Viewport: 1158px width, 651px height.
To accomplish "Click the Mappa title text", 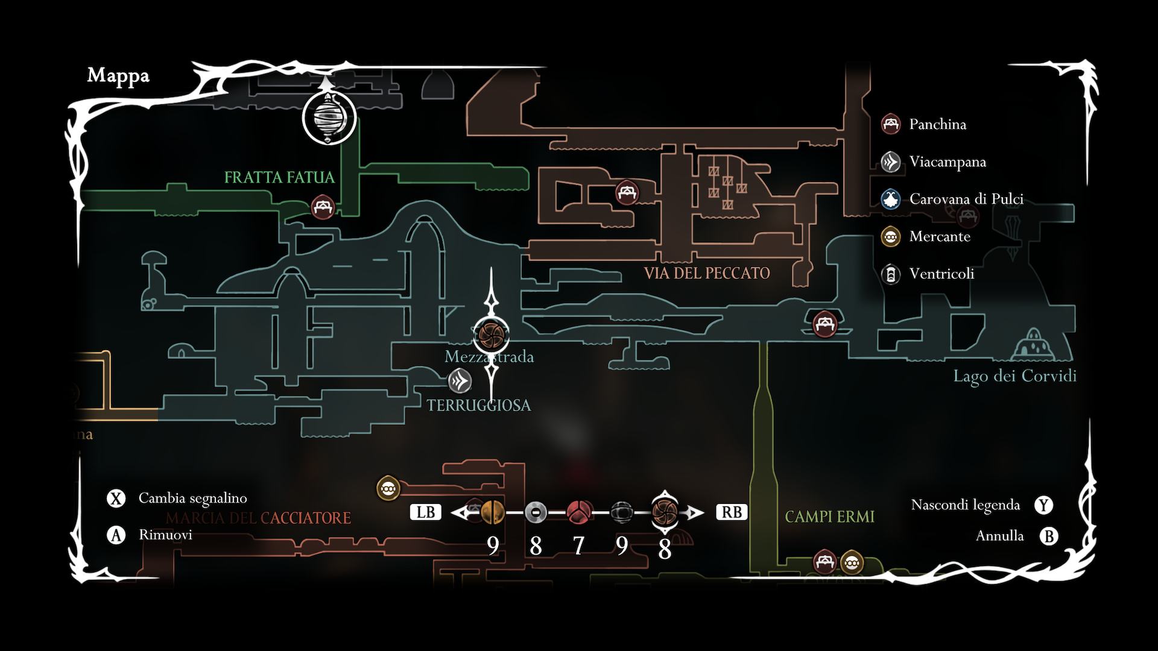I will pyautogui.click(x=118, y=75).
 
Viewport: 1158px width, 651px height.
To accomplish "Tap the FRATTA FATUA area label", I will pyautogui.click(x=279, y=177).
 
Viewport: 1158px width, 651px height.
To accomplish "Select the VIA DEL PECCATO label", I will pyautogui.click(x=707, y=273).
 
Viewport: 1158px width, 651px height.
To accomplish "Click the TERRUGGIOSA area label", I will pyautogui.click(x=479, y=405).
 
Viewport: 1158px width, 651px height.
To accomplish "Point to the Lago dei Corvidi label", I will pyautogui.click(x=1014, y=376).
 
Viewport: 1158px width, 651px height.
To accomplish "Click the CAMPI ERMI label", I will pyautogui.click(x=829, y=517).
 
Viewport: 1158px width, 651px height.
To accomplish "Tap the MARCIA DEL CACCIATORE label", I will pyautogui.click(x=258, y=518).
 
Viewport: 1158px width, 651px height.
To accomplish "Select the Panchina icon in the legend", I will pyautogui.click(x=890, y=124).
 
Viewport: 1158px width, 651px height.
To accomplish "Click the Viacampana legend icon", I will pyautogui.click(x=890, y=162).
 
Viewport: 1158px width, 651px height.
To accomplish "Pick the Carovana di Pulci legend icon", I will pyautogui.click(x=890, y=199).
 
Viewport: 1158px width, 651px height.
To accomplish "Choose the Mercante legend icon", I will pyautogui.click(x=890, y=236).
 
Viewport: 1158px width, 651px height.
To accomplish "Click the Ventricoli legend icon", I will pyautogui.click(x=890, y=274).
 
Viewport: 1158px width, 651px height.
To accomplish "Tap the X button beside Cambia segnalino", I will pyautogui.click(x=116, y=498).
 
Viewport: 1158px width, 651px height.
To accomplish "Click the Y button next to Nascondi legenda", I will pyautogui.click(x=1043, y=505).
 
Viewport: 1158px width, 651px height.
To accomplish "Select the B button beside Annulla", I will pyautogui.click(x=1049, y=536).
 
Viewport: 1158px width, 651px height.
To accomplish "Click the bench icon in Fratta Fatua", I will pyautogui.click(x=323, y=207).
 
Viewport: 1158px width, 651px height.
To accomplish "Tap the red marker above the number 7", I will pyautogui.click(x=578, y=512).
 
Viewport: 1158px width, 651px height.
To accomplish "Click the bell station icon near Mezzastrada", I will pyautogui.click(x=460, y=380).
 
